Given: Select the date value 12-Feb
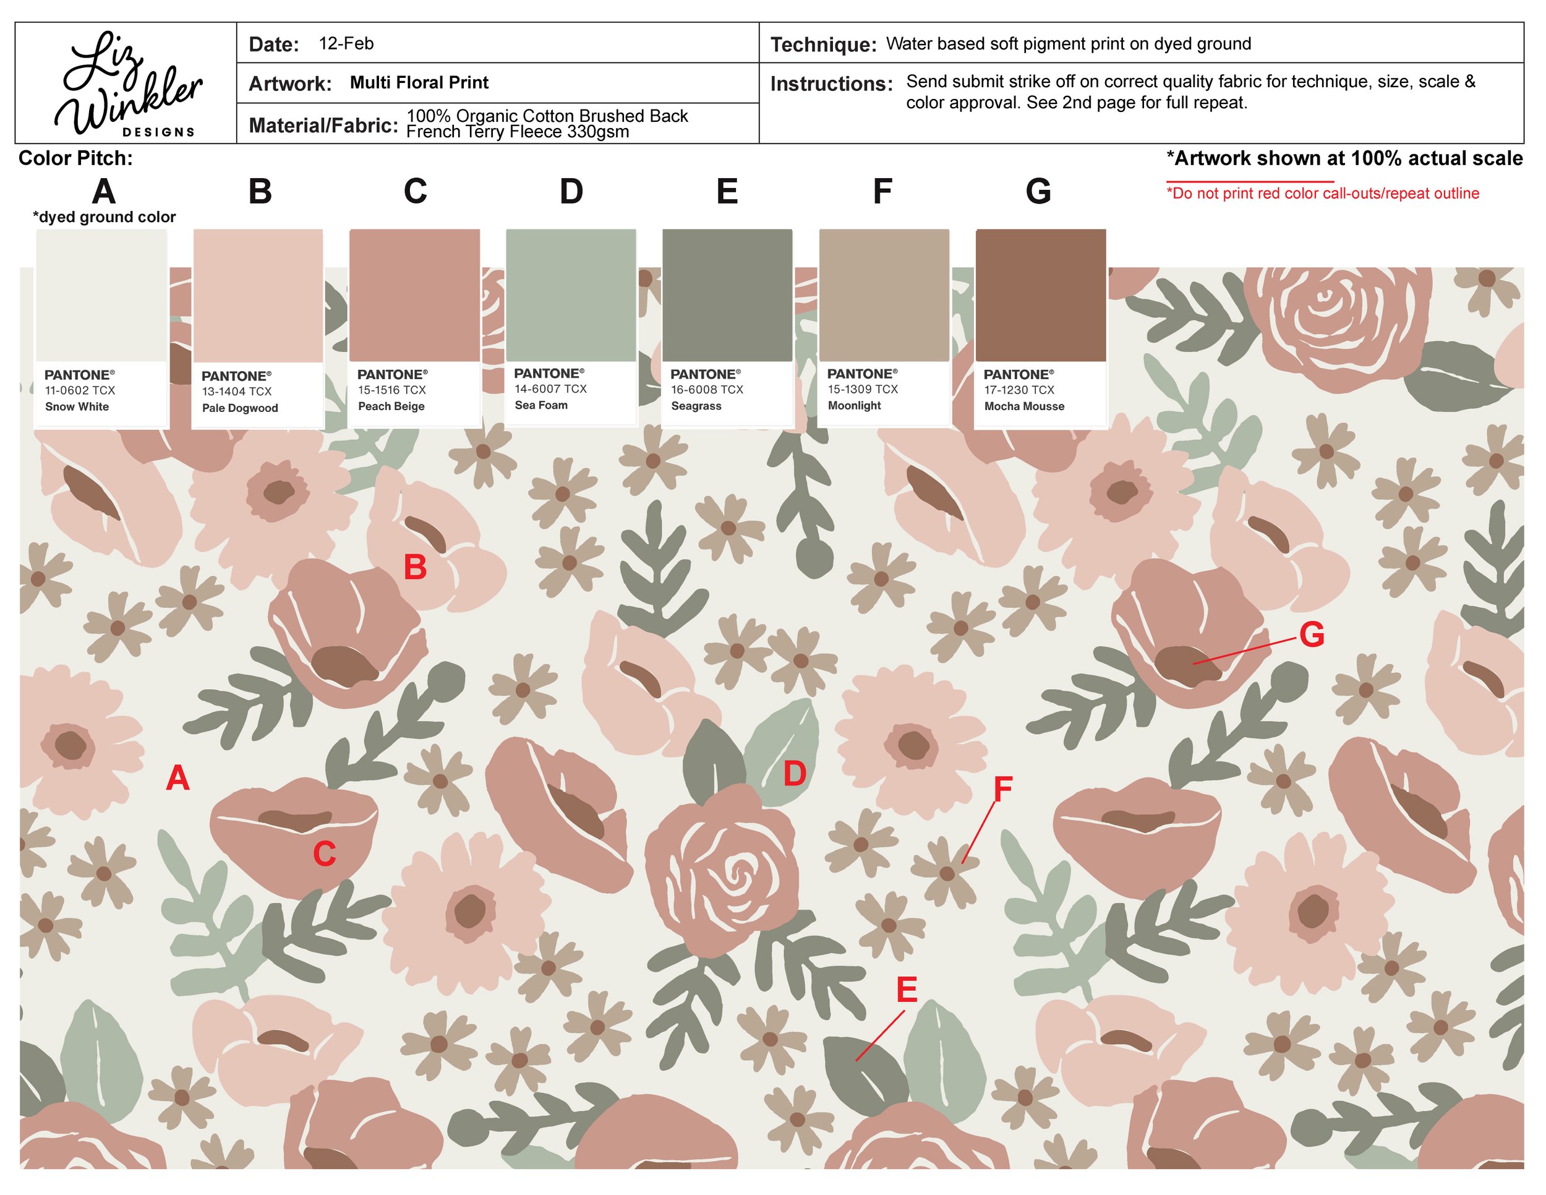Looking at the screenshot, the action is [x=346, y=43].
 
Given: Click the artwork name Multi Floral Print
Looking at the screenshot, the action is [x=419, y=82].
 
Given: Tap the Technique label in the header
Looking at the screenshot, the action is [x=823, y=45].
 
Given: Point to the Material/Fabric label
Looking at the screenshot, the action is [x=323, y=126].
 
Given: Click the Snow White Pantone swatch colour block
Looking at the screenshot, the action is [x=101, y=296].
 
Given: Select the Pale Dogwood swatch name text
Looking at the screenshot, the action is [x=240, y=408].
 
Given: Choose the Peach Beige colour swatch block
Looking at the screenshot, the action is [x=415, y=296].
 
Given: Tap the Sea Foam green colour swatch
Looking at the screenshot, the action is [x=571, y=296].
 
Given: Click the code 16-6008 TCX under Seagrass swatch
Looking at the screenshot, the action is [x=707, y=390].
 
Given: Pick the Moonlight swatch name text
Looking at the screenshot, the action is [x=855, y=406].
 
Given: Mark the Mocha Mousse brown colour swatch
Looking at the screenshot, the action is [x=1041, y=296].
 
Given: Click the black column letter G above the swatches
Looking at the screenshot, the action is [x=1038, y=192].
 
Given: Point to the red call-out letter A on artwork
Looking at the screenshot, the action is [x=177, y=779].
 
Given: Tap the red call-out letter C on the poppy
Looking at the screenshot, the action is [x=324, y=854].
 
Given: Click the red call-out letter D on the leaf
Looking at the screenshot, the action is [x=795, y=774].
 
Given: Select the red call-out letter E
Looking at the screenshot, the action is [x=907, y=990].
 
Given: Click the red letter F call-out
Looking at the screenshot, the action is [x=1003, y=789].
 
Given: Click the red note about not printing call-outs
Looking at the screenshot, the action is [x=1322, y=193].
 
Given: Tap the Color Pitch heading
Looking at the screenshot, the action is [x=75, y=158].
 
